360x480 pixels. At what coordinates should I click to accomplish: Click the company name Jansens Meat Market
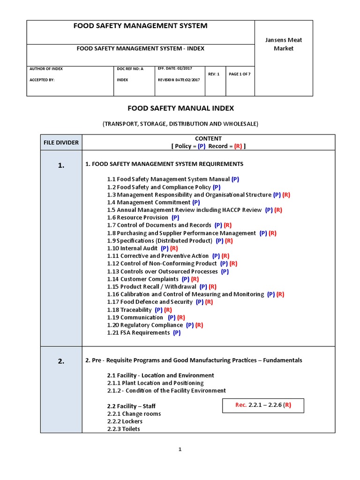[x=283, y=44]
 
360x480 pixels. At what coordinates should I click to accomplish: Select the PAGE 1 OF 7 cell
[x=240, y=74]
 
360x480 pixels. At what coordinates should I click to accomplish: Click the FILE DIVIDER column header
[x=61, y=142]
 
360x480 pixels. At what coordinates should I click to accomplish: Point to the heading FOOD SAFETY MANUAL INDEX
[x=180, y=108]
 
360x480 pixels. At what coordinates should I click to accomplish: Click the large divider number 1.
[x=61, y=165]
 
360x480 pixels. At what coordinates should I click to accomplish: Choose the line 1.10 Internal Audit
[x=134, y=248]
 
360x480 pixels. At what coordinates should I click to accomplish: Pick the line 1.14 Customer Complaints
[x=143, y=279]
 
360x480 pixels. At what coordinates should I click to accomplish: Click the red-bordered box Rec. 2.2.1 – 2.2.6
[x=263, y=405]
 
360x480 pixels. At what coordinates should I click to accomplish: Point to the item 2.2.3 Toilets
[x=123, y=429]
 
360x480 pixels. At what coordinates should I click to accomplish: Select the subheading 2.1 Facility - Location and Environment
[x=160, y=375]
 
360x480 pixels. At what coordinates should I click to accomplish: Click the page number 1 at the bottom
[x=180, y=450]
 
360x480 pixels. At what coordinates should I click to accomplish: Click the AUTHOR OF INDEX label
[x=46, y=69]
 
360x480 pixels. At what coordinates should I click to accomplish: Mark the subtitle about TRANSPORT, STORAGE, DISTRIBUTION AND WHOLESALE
[x=180, y=124]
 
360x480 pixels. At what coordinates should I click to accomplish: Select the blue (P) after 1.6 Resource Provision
[x=175, y=217]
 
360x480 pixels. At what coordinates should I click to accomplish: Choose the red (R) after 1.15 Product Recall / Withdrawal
[x=212, y=286]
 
